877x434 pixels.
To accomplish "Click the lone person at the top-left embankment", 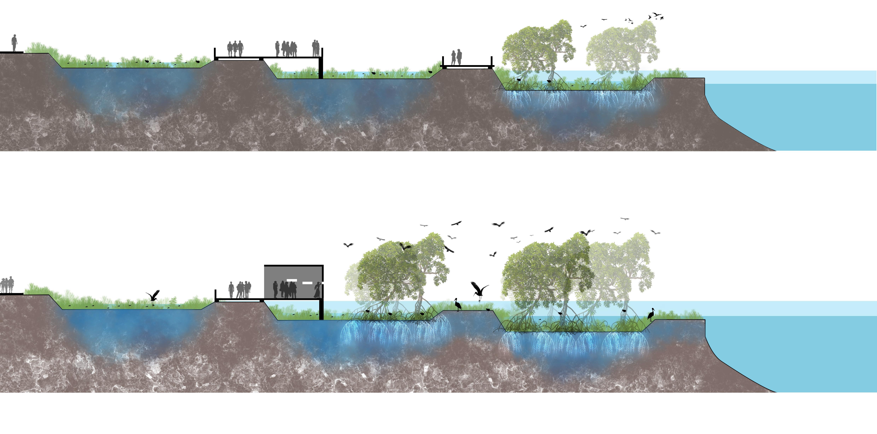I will click(x=14, y=43).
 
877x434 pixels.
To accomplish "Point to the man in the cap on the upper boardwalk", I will click(x=278, y=49).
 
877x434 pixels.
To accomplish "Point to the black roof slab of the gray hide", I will click(x=293, y=265).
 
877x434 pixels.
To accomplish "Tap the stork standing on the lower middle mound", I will click(x=458, y=304).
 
